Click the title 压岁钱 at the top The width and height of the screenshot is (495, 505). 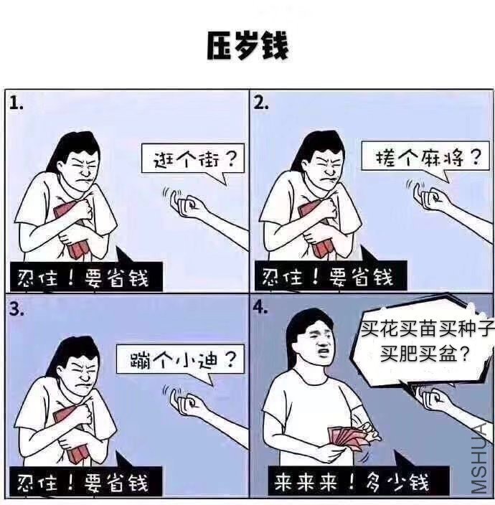tap(247, 45)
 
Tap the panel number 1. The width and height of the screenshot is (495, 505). tap(16, 102)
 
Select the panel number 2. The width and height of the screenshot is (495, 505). tap(261, 102)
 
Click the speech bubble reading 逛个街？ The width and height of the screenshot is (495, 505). tap(192, 159)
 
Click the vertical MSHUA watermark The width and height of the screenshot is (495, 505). tap(481, 459)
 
